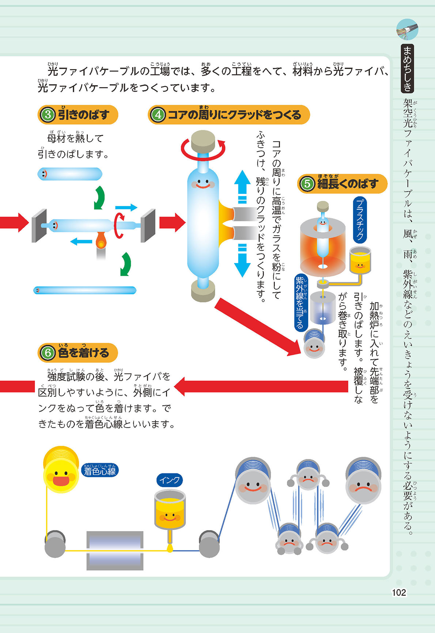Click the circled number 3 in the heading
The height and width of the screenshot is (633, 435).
[x=48, y=115]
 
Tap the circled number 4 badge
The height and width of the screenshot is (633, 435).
[x=158, y=115]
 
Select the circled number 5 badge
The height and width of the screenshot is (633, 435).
[x=307, y=183]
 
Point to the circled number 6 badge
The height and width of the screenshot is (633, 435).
[x=48, y=353]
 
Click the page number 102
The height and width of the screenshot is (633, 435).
[x=399, y=592]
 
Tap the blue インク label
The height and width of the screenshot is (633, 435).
[x=169, y=480]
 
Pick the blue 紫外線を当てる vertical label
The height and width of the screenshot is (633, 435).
[x=300, y=303]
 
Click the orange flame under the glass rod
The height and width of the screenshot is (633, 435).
[x=101, y=241]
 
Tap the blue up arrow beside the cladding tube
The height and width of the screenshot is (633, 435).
[x=242, y=186]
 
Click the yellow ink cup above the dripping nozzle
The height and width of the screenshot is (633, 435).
[x=170, y=510]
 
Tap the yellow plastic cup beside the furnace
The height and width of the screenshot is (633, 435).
[x=360, y=260]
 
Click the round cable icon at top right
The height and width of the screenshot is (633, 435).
[x=407, y=30]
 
